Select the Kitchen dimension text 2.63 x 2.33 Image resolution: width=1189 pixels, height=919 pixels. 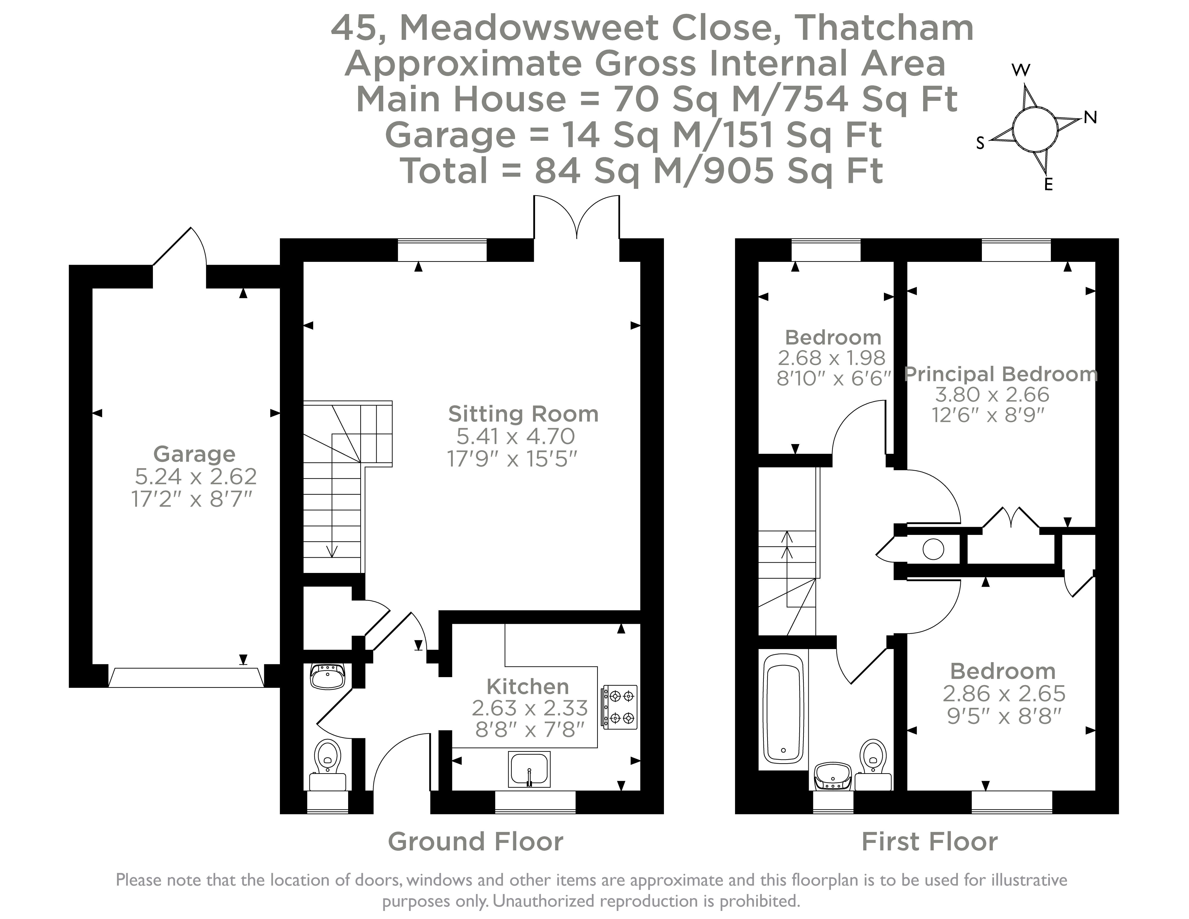coord(529,708)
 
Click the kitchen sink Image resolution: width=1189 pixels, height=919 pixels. coord(529,769)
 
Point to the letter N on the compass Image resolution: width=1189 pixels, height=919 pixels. coord(1090,117)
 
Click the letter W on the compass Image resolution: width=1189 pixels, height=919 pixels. coord(1021,70)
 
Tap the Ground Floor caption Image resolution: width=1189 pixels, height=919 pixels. coord(475,842)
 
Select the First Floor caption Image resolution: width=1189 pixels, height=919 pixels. coord(929,842)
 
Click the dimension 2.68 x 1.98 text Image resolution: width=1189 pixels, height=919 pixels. coord(831,358)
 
